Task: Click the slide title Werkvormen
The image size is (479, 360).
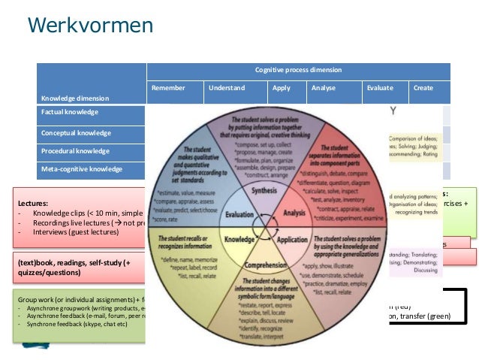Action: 90,26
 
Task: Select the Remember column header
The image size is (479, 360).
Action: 167,88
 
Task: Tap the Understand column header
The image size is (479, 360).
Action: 227,88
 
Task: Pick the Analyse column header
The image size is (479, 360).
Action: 324,88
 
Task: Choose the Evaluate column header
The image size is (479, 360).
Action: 380,88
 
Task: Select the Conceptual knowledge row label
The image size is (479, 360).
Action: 76,133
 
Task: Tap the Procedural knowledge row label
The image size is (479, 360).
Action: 75,151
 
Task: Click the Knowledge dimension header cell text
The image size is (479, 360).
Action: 74,98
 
